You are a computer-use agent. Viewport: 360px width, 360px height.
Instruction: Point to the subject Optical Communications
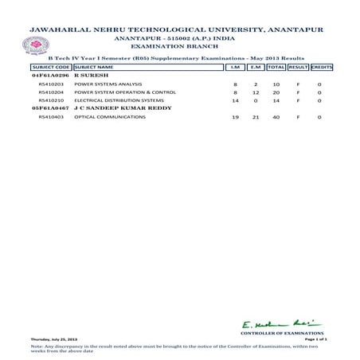(101, 117)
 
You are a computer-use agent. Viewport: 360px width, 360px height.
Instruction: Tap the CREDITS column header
(321, 67)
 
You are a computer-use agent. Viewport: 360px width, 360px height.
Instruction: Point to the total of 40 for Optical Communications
(276, 117)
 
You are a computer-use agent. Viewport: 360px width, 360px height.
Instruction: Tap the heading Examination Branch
(179, 49)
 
